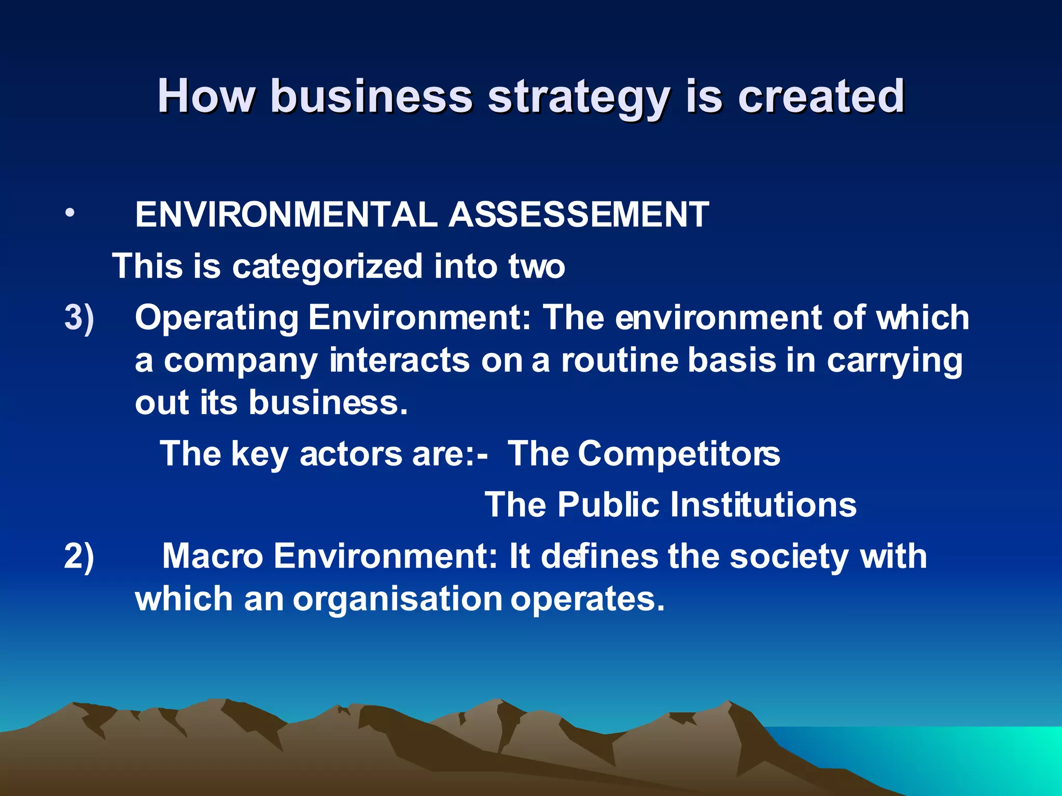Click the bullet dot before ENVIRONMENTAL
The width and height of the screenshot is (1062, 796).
(71, 214)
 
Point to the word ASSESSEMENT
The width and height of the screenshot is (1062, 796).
(579, 214)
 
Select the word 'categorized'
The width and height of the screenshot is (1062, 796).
(327, 266)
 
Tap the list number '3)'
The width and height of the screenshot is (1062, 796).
(79, 317)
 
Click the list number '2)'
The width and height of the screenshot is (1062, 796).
(79, 556)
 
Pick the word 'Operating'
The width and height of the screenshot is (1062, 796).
(217, 318)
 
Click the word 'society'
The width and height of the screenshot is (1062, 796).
(789, 557)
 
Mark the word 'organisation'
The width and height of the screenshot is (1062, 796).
(398, 600)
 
